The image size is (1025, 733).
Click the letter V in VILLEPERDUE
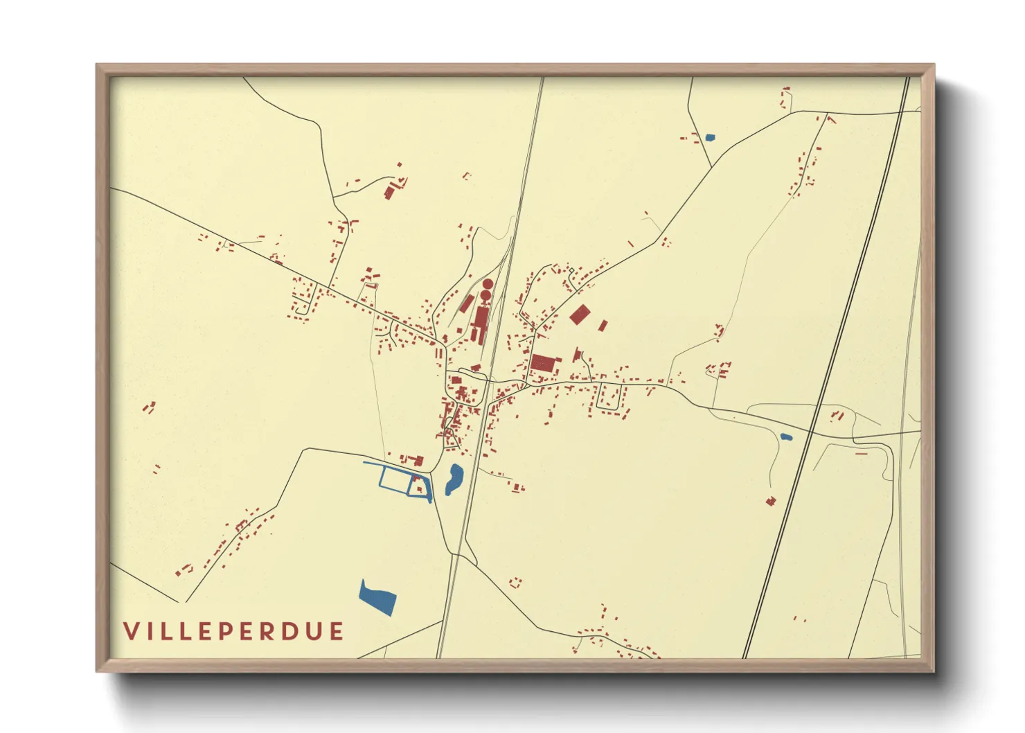pos(131,631)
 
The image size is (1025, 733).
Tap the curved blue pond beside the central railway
pos(454,478)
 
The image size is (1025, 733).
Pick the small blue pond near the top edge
pos(709,137)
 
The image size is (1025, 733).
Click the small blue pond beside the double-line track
pos(785,437)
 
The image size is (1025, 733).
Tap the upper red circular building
pos(488,284)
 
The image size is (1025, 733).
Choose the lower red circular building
pos(486,296)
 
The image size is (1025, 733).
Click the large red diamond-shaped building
pos(580,315)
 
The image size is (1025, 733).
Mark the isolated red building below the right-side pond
pos(770,501)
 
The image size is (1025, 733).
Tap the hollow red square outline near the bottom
pos(515,583)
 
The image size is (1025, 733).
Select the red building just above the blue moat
pos(417,460)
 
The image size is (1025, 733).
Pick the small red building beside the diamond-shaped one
pos(603,325)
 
